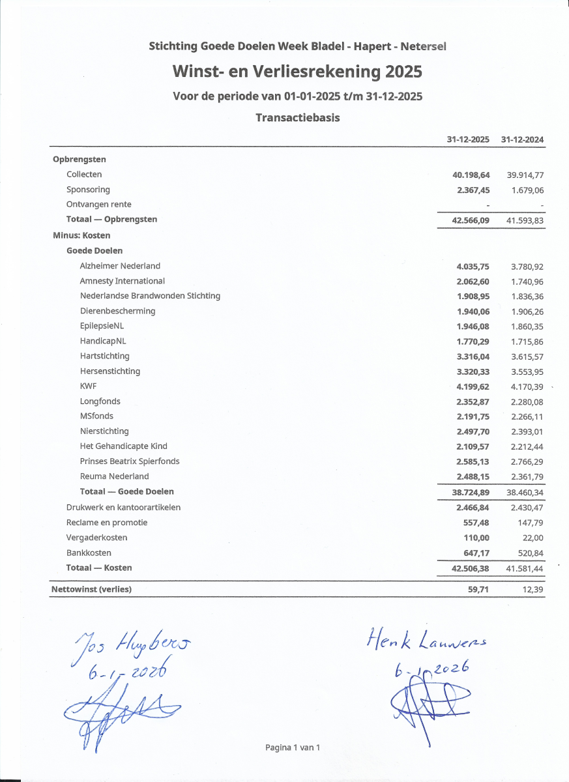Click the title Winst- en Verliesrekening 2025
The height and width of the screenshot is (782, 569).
tap(297, 71)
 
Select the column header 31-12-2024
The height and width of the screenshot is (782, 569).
tap(522, 140)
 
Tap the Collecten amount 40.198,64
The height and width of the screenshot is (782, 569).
tap(471, 175)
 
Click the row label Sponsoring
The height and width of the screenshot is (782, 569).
tap(88, 190)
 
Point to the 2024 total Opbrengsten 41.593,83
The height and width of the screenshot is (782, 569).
tap(525, 220)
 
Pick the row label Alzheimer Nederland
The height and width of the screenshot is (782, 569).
tap(120, 266)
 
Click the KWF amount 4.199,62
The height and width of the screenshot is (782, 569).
tap(473, 386)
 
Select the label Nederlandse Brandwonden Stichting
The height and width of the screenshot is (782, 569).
tap(150, 296)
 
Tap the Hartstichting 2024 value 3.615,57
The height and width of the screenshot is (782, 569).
tap(527, 356)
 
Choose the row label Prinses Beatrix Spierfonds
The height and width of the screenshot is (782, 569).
tap(130, 461)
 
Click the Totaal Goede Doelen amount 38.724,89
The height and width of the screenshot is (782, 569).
tap(471, 493)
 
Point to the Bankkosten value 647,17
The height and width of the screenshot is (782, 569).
tap(476, 553)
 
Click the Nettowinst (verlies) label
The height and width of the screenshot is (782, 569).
tap(91, 590)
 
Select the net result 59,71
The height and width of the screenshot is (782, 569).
tap(478, 590)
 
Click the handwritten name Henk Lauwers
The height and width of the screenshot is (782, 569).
tap(428, 641)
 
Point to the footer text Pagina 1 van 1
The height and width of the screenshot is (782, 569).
tap(293, 747)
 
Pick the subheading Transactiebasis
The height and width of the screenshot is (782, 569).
tap(297, 118)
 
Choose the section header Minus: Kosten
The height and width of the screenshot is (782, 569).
tap(81, 235)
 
